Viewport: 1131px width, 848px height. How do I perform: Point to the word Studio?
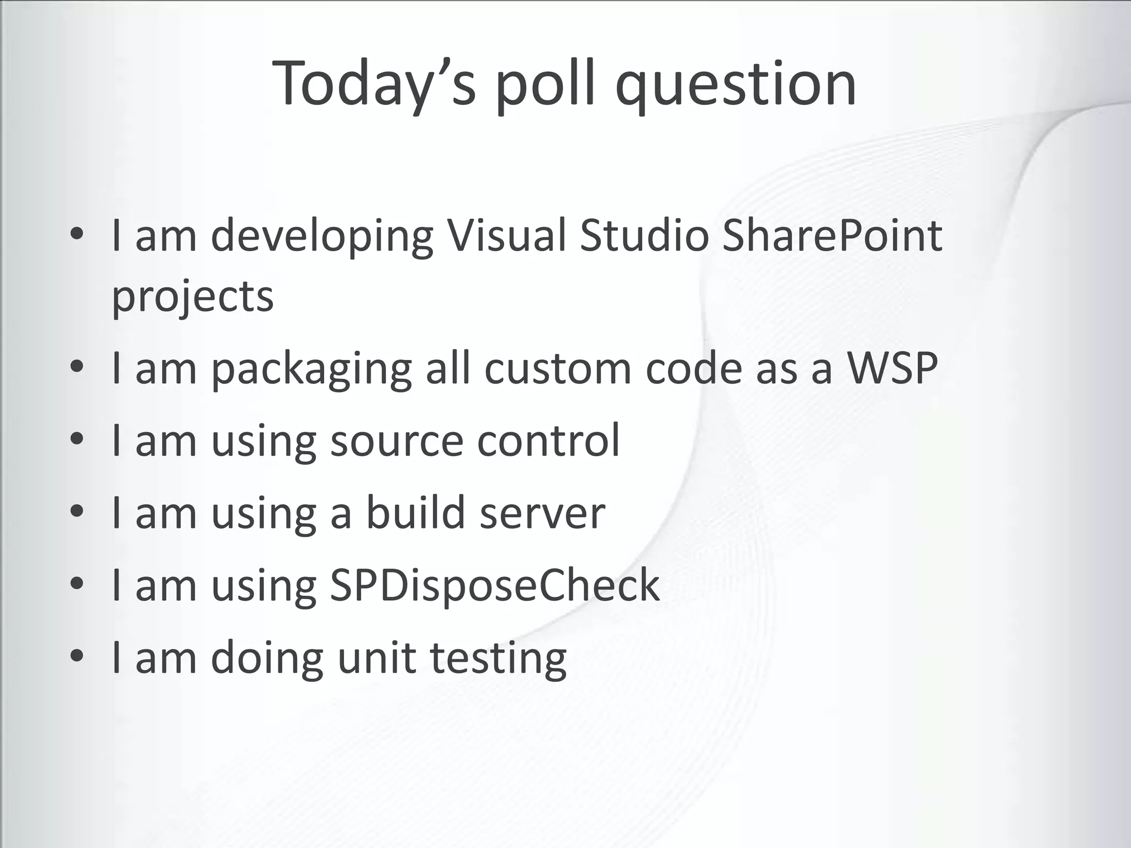pyautogui.click(x=644, y=236)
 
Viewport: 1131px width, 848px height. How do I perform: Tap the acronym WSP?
pyautogui.click(x=892, y=368)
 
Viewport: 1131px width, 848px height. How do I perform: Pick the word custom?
pyautogui.click(x=558, y=368)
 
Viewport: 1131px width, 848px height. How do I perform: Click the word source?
pyautogui.click(x=397, y=441)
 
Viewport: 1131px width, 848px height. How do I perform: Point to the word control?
pyautogui.click(x=548, y=440)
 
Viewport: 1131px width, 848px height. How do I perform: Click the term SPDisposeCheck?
pyautogui.click(x=494, y=585)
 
